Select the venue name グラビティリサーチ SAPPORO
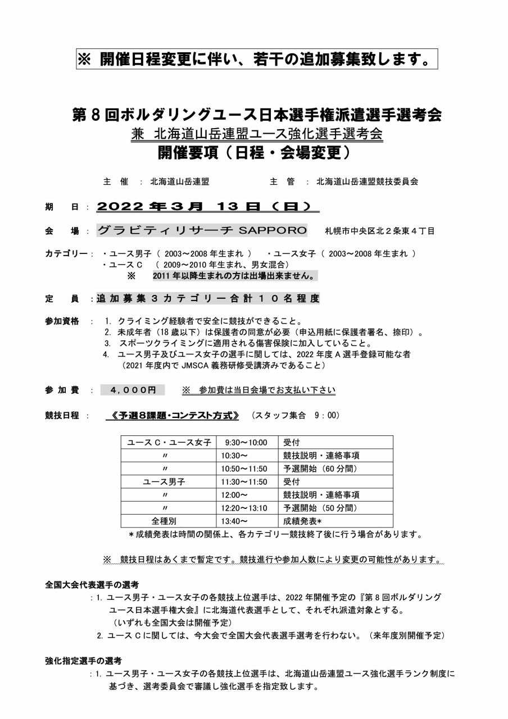pos(202,230)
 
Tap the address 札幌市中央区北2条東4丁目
pos(379,231)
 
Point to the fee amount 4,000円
pos(133,390)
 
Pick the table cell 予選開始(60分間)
pos(320,468)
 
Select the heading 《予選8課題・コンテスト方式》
pos(175,416)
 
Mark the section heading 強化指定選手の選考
pos(83,661)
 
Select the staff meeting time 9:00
pos(328,416)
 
